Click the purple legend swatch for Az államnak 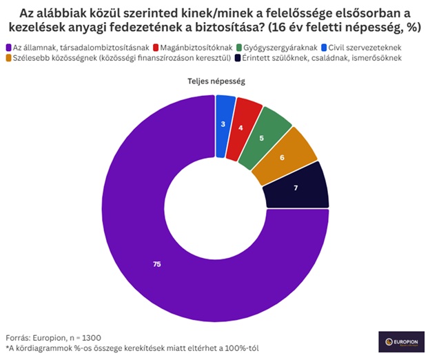click(8, 47)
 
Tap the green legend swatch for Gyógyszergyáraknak click(238, 47)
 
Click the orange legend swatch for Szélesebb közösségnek click(8, 58)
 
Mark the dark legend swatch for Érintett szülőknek click(235, 58)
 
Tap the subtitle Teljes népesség click(216, 81)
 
